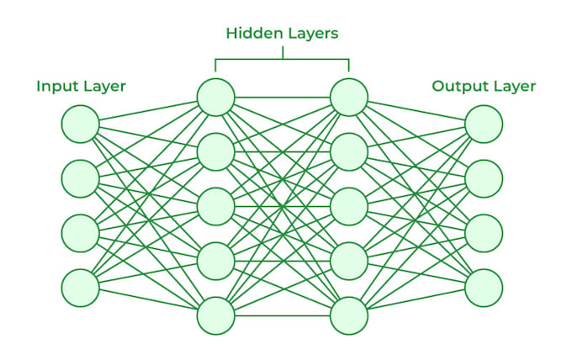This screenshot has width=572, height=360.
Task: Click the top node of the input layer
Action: click(80, 124)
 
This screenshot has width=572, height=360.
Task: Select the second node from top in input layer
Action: click(80, 178)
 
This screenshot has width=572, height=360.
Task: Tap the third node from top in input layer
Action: click(80, 233)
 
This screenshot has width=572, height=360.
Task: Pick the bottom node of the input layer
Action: click(80, 288)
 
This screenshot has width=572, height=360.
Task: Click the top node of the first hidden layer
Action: click(215, 97)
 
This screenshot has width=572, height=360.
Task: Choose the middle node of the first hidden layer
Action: click(215, 206)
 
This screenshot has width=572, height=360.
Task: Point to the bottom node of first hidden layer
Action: click(215, 315)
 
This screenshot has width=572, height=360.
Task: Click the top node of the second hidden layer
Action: click(349, 97)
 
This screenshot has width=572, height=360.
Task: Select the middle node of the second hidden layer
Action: click(349, 206)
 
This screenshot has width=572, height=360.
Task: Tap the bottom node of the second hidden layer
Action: click(349, 315)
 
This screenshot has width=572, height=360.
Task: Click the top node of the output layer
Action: click(484, 124)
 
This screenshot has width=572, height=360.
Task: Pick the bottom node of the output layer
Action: click(484, 288)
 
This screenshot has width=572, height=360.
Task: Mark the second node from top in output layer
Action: click(484, 178)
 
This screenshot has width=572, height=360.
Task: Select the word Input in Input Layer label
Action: click(55, 86)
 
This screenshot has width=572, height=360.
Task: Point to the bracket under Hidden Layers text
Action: click(282, 59)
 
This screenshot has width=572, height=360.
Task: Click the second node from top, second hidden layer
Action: click(349, 151)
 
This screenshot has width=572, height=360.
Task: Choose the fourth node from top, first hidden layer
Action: click(215, 261)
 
